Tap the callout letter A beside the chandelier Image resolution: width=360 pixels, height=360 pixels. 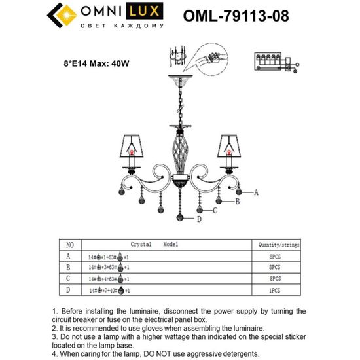click(x=256, y=192)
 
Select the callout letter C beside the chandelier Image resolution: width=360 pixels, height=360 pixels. click(x=214, y=211)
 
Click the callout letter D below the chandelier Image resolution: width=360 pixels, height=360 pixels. click(x=198, y=221)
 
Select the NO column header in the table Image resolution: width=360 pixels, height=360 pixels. click(x=71, y=244)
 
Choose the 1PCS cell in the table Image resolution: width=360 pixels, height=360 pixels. click(x=275, y=289)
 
